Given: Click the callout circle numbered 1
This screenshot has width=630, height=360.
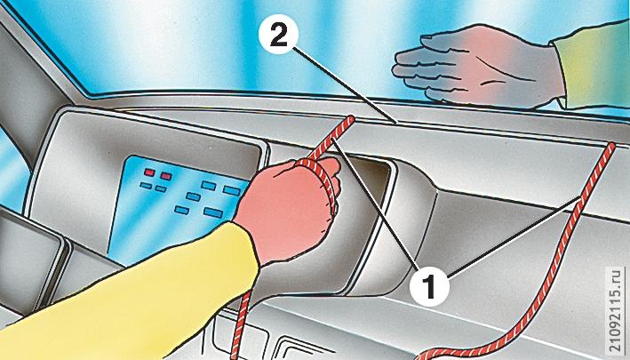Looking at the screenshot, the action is point(429,286).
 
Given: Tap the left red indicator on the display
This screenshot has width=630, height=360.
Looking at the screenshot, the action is point(149,172).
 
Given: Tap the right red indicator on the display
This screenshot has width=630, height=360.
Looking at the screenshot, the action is point(166,176).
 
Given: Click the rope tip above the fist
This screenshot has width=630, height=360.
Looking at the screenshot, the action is point(350,119).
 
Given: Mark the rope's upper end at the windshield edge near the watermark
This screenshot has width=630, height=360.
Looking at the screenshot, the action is point(610,147).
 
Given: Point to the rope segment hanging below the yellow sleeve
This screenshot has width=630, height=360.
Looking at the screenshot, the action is point(240,324).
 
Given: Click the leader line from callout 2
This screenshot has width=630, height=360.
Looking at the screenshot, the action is point(345,84).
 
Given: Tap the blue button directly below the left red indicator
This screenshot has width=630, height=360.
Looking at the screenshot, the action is point(146,185).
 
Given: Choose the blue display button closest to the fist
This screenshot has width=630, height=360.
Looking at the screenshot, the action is point(232,190).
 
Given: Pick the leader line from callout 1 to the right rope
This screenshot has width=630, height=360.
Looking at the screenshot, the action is point(514,237).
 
